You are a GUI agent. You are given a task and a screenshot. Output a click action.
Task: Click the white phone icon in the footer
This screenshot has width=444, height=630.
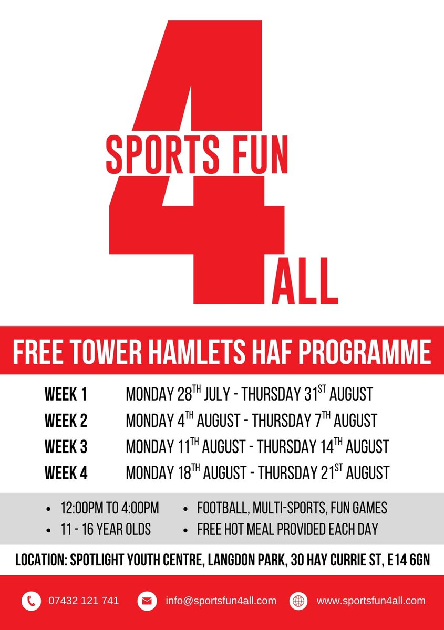pyautogui.click(x=32, y=601)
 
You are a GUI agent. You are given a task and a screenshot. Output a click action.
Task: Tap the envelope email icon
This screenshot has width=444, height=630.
pyautogui.click(x=147, y=601)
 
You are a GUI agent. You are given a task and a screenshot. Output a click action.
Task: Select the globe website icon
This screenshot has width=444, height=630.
pyautogui.click(x=299, y=601)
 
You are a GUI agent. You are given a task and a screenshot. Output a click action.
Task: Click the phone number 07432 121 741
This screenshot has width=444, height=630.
pyautogui.click(x=84, y=601)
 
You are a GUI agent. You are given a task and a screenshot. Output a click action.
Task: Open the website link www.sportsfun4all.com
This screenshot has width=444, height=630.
pyautogui.click(x=370, y=601)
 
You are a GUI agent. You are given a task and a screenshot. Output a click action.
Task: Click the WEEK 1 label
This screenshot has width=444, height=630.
pyautogui.click(x=66, y=395)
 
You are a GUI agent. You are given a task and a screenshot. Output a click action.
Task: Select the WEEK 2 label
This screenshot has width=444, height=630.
pyautogui.click(x=66, y=421)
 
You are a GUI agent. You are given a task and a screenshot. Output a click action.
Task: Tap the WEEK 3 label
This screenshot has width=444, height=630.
pyautogui.click(x=66, y=447)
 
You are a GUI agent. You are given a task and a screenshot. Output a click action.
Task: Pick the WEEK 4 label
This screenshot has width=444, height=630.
pyautogui.click(x=66, y=472)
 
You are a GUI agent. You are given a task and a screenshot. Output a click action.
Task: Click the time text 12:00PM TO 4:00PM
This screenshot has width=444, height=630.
pyautogui.click(x=109, y=508)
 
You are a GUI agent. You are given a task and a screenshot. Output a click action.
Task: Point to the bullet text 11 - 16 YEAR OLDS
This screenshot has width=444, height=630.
pyautogui.click(x=106, y=529)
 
